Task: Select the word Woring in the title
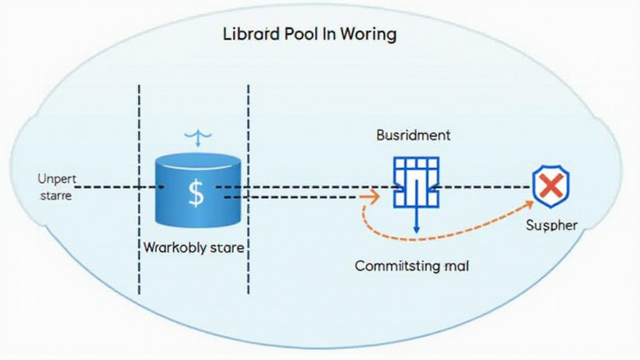(x=368, y=34)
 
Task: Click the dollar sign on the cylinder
(x=196, y=193)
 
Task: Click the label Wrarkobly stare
(x=194, y=247)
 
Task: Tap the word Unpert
(x=56, y=179)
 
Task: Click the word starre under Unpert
(x=55, y=195)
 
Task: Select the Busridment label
(x=413, y=135)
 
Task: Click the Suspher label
(x=551, y=225)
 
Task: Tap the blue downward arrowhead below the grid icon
(x=416, y=230)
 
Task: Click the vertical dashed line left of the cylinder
(x=139, y=187)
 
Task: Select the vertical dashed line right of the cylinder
(x=249, y=187)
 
